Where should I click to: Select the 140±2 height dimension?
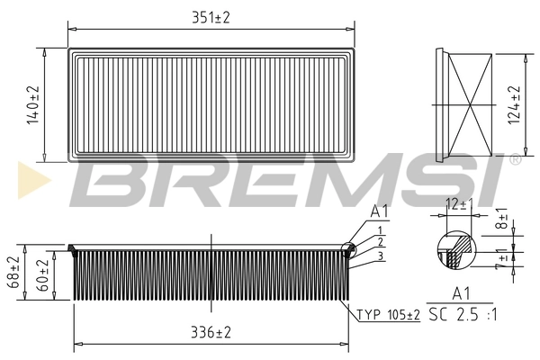tap(33, 104)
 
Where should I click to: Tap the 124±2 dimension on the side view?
tap(515, 104)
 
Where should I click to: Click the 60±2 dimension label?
tap(41, 274)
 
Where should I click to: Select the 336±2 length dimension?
tap(210, 333)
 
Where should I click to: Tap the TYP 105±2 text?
tap(389, 315)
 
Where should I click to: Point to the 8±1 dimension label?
tap(502, 220)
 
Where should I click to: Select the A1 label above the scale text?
tap(460, 294)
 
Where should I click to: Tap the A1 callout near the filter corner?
tap(380, 212)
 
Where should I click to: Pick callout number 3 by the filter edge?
tap(381, 256)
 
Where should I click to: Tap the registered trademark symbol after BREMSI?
tap(515, 159)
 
